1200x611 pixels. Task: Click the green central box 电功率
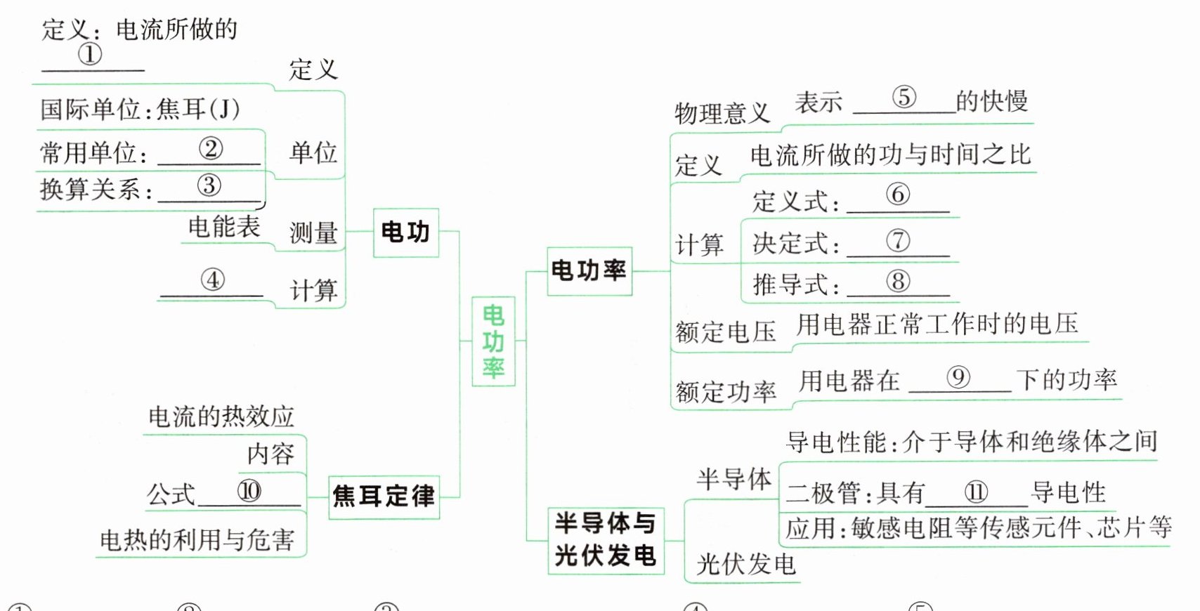pos(493,341)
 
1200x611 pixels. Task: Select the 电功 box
pos(405,232)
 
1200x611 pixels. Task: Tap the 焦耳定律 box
pos(384,497)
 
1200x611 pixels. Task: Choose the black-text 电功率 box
pos(589,270)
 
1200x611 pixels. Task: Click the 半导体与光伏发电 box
pos(605,539)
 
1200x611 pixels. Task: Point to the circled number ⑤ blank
pos(904,98)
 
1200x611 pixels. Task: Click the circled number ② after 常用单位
pos(211,148)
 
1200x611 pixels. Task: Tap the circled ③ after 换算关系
pos(209,185)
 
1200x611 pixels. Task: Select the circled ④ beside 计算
pos(212,280)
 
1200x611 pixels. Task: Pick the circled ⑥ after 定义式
pos(897,195)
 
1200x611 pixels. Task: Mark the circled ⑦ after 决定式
pos(897,241)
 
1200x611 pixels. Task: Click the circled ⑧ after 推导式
pos(897,282)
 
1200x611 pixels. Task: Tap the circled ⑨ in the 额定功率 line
pos(958,378)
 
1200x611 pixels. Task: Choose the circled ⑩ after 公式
pos(249,490)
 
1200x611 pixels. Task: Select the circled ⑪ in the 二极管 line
pos(976,492)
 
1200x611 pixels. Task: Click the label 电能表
pos(224,227)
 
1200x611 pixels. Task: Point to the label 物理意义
pos(722,113)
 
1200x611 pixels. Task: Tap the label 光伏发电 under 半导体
pos(745,564)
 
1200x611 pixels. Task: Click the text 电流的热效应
pos(221,417)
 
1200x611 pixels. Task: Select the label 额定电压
pos(726,331)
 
